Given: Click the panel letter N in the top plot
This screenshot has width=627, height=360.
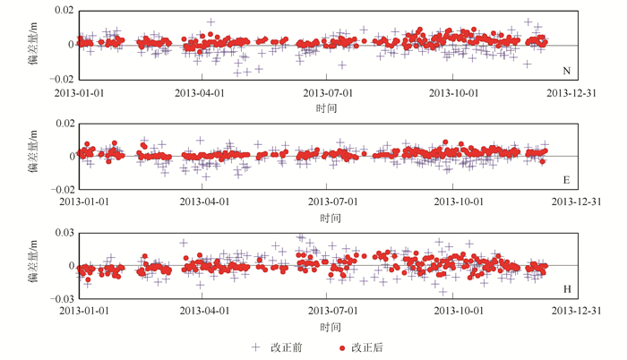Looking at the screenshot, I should pyautogui.click(x=565, y=71).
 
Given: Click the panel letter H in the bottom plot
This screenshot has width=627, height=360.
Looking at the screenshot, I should pyautogui.click(x=565, y=289).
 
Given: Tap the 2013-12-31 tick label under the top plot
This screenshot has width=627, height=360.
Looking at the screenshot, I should pyautogui.click(x=576, y=92).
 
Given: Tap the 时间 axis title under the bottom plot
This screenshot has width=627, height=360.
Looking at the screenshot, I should pyautogui.click(x=326, y=328).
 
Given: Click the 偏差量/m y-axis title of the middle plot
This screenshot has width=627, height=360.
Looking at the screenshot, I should pyautogui.click(x=33, y=155).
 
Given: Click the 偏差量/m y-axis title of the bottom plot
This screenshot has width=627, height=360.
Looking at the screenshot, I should pyautogui.click(x=33, y=265).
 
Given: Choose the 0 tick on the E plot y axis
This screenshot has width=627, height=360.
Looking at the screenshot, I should pyautogui.click(x=68, y=156).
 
